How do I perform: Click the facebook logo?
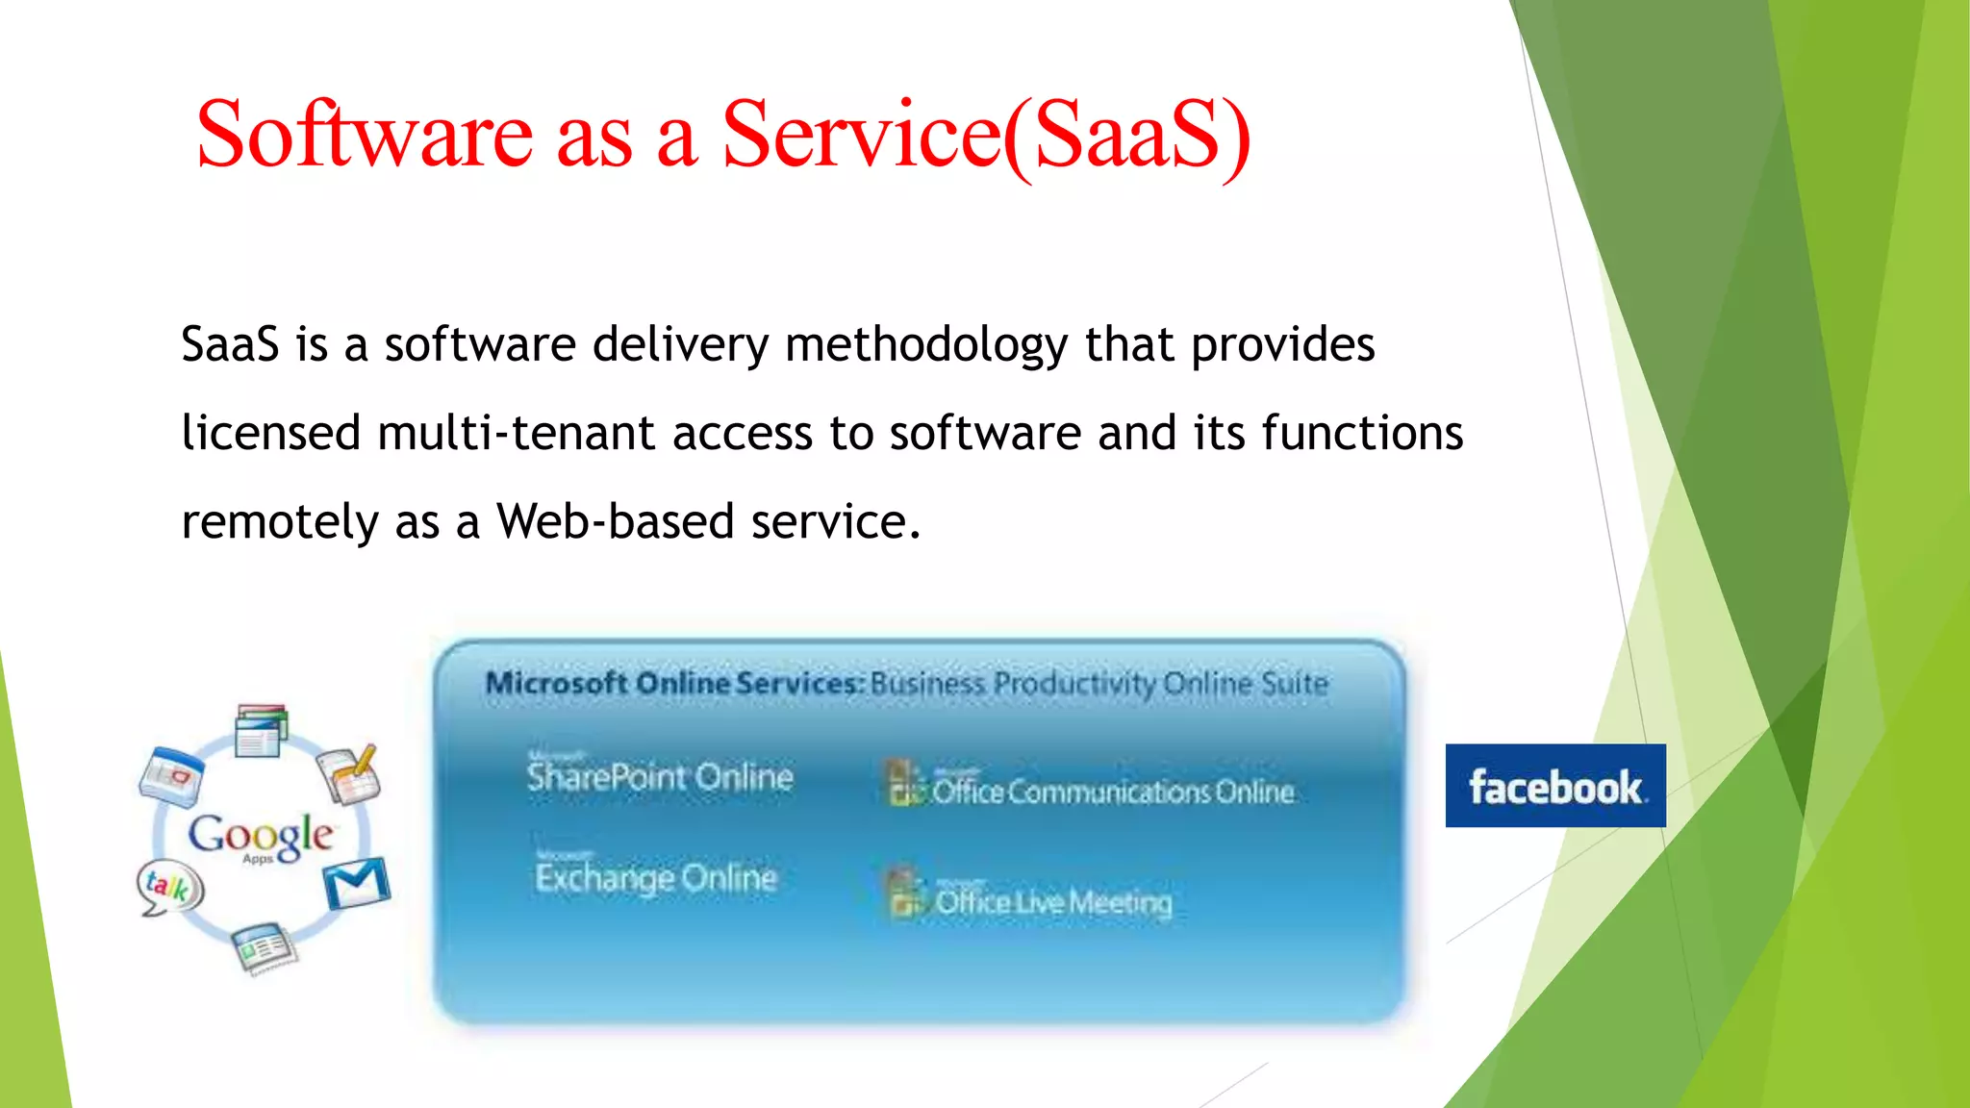coord(1554,786)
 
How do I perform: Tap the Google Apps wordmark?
coord(261,836)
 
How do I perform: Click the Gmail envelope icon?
coord(356,883)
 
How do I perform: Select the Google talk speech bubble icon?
coord(169,888)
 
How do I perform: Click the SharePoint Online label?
coord(660,776)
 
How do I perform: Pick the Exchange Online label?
coord(656,877)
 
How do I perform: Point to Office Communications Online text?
coord(1112,792)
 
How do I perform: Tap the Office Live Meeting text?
coord(1052,902)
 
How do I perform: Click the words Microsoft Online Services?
coord(673,684)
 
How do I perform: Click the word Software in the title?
coord(364,135)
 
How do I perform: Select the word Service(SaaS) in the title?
coord(985,135)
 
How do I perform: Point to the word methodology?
coord(925,345)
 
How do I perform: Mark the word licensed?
coord(270,433)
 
